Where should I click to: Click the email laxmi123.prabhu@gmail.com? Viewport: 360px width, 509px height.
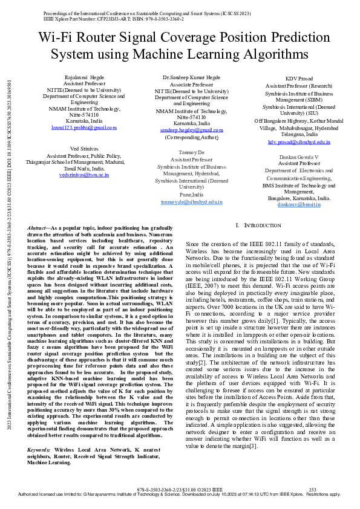93,128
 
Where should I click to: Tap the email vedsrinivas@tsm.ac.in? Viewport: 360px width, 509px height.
84,175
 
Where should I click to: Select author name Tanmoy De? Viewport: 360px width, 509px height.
191,153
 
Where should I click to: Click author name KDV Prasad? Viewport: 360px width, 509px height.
299,79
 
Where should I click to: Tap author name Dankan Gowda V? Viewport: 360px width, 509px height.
299,157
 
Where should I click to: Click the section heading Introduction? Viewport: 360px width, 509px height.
266,225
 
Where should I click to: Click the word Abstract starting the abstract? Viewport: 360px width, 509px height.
38,227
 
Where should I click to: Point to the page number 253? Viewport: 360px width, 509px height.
313,488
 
